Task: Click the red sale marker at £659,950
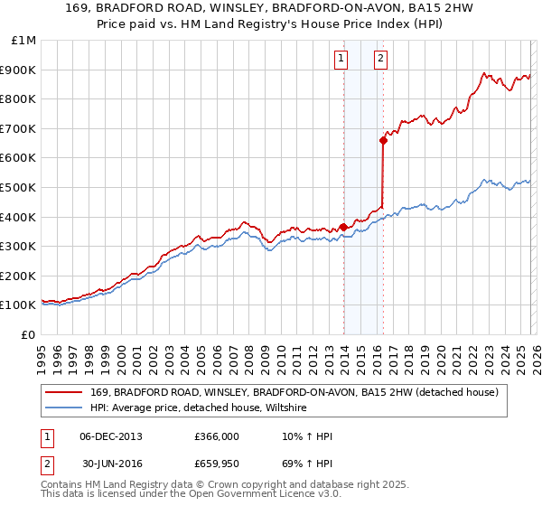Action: click(383, 140)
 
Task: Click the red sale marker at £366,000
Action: click(343, 227)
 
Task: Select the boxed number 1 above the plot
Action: click(341, 60)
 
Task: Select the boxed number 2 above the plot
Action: click(380, 60)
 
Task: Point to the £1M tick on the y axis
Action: click(24, 40)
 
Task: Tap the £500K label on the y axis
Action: click(20, 187)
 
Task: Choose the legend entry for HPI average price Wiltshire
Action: click(199, 408)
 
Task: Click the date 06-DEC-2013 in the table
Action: click(110, 436)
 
